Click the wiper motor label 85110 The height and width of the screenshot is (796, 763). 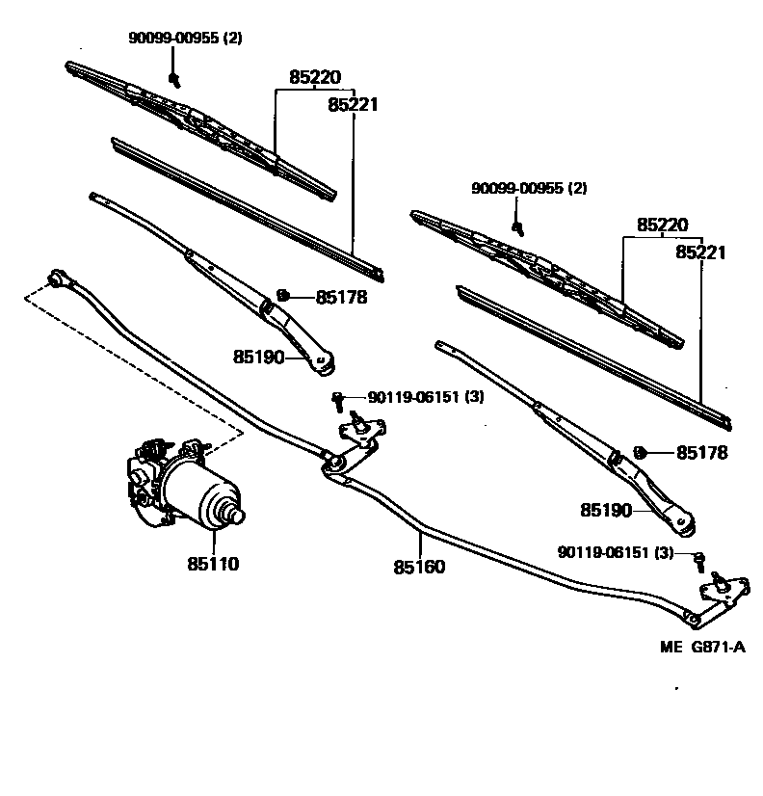coord(213,564)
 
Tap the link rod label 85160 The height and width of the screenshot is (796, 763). coord(419,567)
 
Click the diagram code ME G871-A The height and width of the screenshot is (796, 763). coord(702,648)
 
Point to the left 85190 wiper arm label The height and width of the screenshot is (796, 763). coord(258,358)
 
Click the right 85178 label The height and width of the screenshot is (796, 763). coord(701,453)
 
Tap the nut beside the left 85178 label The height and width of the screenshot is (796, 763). coord(283,295)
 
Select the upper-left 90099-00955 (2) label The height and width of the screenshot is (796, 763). coord(185,38)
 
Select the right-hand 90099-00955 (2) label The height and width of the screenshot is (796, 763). coord(529,188)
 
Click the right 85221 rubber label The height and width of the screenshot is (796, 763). coord(700,252)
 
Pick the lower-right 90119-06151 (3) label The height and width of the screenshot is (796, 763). coord(616,552)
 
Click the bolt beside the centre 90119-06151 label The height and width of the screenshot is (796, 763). coord(338,397)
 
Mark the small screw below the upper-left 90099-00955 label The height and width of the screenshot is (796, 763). coord(174,77)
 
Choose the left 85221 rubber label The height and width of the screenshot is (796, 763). coord(352,104)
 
